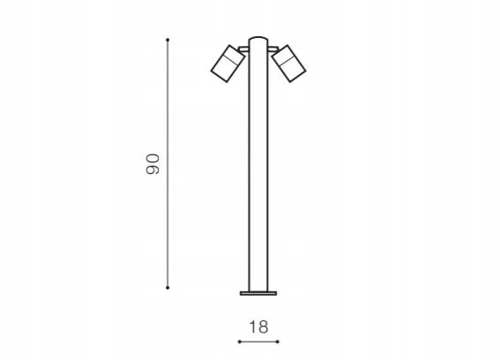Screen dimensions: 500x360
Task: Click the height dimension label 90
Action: (153, 164)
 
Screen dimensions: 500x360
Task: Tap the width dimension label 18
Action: (258, 326)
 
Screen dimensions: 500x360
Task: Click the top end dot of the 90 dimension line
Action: (168, 40)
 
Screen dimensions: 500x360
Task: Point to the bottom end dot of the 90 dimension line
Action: (168, 288)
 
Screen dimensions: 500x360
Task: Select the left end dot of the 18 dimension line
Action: (240, 341)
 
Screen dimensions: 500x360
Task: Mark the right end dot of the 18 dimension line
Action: (278, 341)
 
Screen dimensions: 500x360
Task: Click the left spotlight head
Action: (228, 64)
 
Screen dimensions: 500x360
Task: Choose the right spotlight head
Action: (289, 64)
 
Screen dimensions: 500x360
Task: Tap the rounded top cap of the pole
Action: (258, 39)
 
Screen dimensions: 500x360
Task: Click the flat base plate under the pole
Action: (258, 293)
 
